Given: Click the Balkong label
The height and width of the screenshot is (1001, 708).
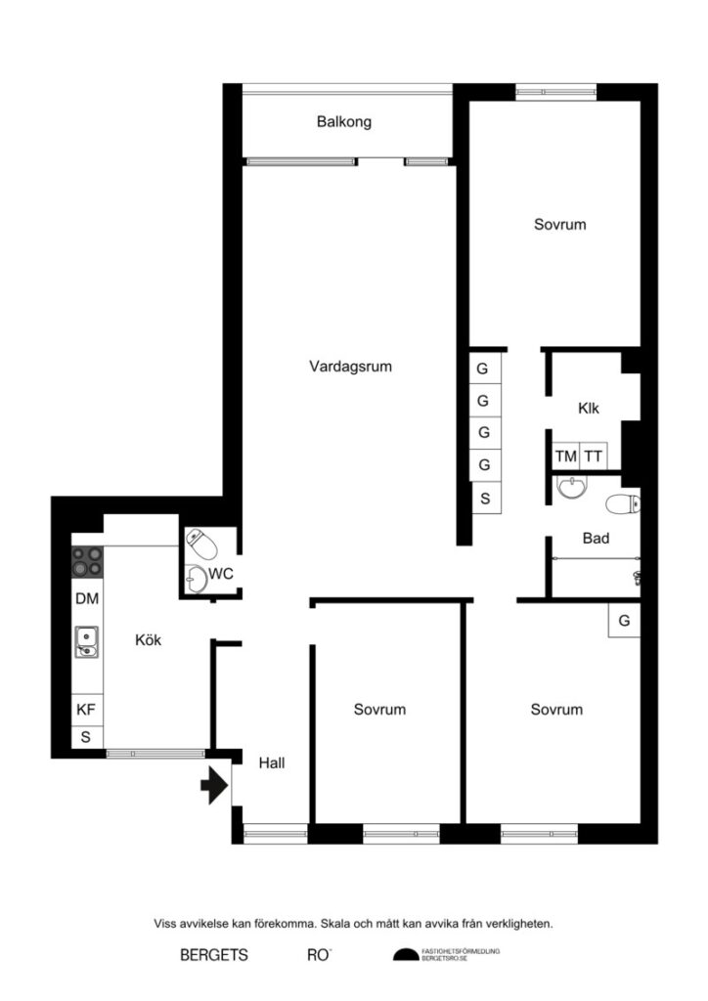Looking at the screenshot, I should coord(344,122).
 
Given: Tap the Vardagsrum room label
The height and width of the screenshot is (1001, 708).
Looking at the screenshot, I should coord(350,367).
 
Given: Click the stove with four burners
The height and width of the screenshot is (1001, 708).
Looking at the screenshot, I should coord(86,561).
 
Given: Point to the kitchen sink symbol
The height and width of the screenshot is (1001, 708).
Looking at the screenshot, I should coord(86,640).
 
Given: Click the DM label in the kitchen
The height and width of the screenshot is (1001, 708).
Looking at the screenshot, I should coord(86,597).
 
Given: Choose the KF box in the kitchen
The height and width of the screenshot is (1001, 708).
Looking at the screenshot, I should coord(86,710).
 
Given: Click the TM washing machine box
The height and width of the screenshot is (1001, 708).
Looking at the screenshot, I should coord(565,456).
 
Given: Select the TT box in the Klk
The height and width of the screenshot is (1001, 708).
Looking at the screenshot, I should coord(594,456).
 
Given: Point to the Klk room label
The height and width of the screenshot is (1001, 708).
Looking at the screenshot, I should coord(589,408).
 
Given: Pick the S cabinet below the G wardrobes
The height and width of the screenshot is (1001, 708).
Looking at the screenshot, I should coord(483,498).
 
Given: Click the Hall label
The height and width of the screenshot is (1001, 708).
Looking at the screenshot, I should coord(272,763).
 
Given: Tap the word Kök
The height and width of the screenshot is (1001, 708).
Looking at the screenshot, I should coord(148,640).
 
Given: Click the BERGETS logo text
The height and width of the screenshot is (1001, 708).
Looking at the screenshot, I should coord(214,955).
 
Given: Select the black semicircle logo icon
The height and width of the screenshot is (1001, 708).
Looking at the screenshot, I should coord(405,955).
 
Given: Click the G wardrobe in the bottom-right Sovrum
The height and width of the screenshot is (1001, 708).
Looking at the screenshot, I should coord(624,620).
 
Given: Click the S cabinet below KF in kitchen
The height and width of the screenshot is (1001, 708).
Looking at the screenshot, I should coord(86,736).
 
